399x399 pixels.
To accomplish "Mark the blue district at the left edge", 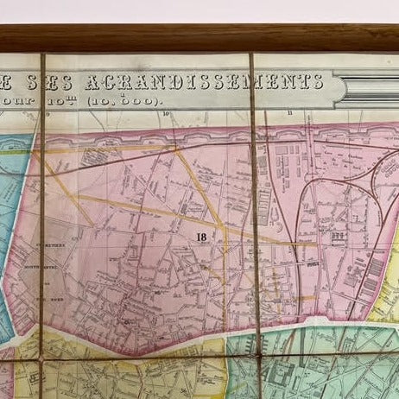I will click(x=12, y=199).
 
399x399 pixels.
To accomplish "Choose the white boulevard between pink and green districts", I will click(x=259, y=332).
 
